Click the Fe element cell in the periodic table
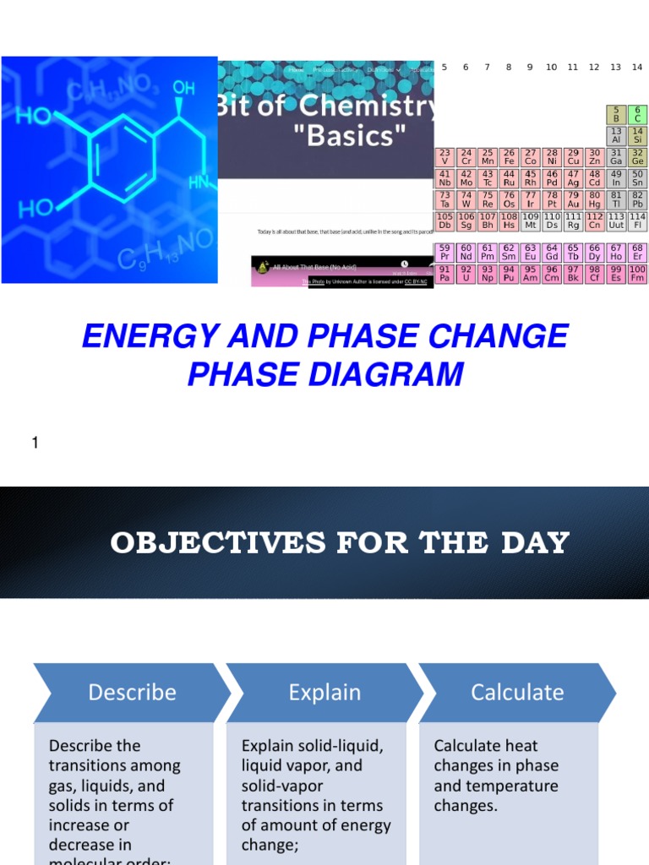click(509, 156)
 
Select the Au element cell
click(573, 199)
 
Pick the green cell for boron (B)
click(616, 115)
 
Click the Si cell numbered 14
click(637, 136)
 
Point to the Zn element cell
click(594, 156)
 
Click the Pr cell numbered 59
click(444, 252)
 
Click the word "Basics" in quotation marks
click(356, 135)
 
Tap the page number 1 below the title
click(35, 443)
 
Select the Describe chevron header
click(132, 693)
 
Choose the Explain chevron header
click(324, 693)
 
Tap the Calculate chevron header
click(517, 693)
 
